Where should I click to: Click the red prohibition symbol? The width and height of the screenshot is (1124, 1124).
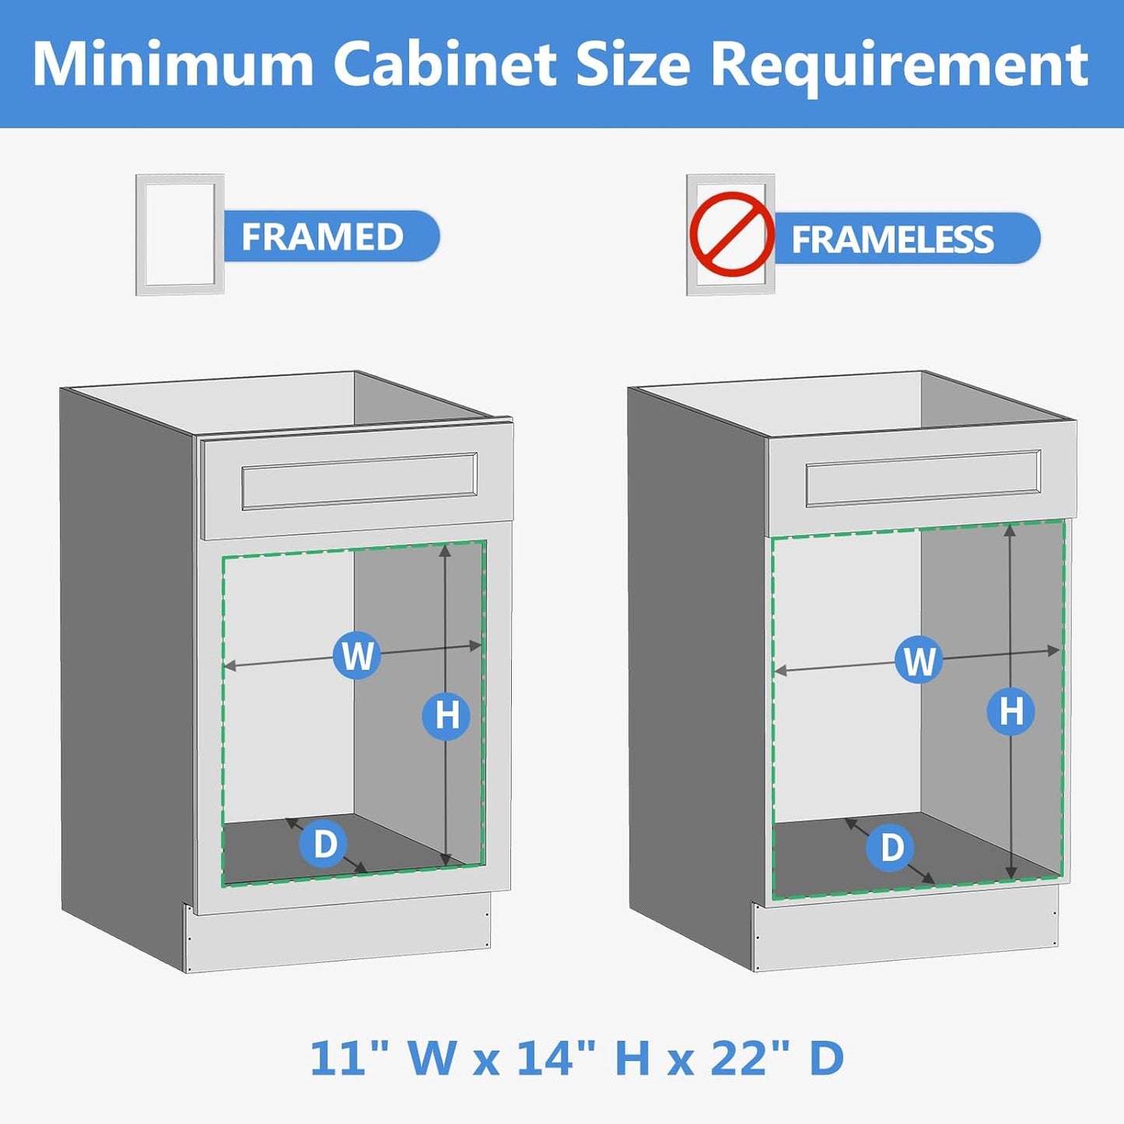click(x=730, y=234)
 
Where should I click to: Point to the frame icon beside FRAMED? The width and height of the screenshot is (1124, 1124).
click(x=180, y=234)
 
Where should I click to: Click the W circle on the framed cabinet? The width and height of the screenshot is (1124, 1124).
click(x=357, y=655)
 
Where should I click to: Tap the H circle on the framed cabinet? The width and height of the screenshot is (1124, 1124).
click(x=446, y=716)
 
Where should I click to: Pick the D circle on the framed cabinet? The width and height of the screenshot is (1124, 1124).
click(x=324, y=843)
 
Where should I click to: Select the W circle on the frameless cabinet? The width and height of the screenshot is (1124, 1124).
click(x=919, y=660)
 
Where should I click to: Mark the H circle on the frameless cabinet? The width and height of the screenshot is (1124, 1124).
click(x=1010, y=711)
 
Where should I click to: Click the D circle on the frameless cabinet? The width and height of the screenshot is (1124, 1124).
click(x=891, y=847)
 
